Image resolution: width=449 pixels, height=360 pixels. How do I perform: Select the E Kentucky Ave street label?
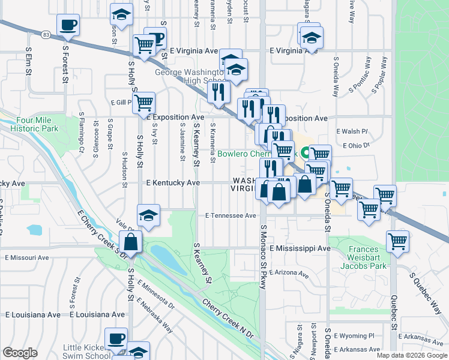[172, 182]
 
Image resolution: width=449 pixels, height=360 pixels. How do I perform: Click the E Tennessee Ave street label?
[231, 215]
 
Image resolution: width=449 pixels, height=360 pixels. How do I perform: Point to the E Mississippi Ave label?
[300, 248]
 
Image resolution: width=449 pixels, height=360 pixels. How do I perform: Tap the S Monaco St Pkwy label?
[262, 258]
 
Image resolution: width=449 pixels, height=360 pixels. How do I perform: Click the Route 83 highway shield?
[46, 36]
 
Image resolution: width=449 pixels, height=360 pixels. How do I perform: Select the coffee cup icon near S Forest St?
[68, 25]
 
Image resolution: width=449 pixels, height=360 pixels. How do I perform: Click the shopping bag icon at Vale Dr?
[130, 243]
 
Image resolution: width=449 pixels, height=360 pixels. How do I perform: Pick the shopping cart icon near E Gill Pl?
[144, 103]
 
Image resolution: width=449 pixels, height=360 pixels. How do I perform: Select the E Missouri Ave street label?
[26, 257]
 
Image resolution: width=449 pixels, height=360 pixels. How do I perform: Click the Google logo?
[20, 352]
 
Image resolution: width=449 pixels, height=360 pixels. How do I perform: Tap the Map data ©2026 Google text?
[412, 355]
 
